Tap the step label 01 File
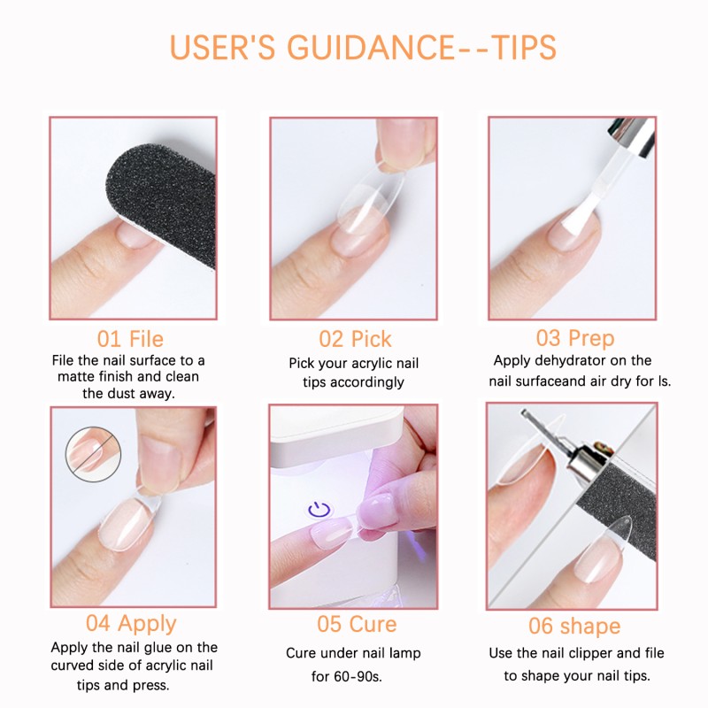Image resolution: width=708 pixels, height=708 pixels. point(130,338)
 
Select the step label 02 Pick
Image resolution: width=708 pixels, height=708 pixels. point(354,338)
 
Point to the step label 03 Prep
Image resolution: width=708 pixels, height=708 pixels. point(574,338)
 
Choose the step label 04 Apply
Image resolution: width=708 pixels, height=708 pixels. point(131,624)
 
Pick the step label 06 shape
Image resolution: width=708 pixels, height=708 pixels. point(574,626)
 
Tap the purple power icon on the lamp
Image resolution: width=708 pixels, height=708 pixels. point(319,510)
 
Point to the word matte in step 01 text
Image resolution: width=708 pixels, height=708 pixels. point(104,376)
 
